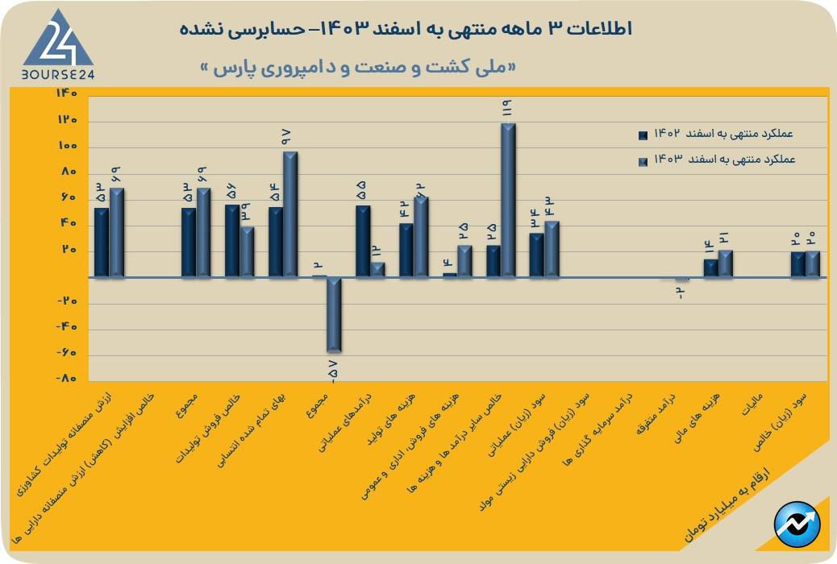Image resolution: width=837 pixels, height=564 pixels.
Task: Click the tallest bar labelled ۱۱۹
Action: point(508,200)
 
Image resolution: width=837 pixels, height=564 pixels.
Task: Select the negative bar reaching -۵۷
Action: point(334,314)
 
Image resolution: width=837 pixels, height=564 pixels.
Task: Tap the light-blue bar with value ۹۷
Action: point(290,214)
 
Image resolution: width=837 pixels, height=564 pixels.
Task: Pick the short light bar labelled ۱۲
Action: point(377,270)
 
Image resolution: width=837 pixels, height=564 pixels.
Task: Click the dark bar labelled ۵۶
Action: point(232,241)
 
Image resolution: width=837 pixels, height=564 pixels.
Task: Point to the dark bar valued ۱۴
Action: point(710,268)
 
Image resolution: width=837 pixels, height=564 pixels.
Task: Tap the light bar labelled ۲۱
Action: point(726,263)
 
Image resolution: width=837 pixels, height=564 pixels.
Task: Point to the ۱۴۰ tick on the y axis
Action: point(67,93)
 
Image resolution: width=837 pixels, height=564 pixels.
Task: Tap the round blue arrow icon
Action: point(796,525)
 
